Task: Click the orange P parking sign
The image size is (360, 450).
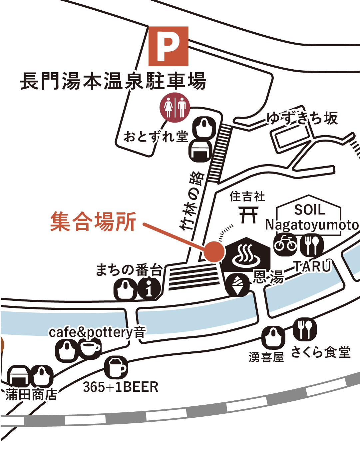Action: coord(168,46)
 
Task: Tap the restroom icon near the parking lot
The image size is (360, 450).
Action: coord(175,107)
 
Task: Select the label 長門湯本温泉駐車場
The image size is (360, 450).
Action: coord(113,81)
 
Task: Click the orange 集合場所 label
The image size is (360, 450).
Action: coord(93,222)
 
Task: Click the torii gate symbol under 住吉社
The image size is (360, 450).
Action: coord(249,215)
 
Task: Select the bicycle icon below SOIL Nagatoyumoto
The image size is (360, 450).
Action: coord(285,245)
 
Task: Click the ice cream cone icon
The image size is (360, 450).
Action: coord(238,285)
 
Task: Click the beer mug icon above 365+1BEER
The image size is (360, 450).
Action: coord(116,367)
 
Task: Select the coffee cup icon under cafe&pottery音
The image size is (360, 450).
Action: coord(90,348)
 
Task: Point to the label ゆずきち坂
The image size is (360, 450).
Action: coord(302,118)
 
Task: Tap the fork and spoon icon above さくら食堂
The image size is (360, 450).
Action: coord(305,329)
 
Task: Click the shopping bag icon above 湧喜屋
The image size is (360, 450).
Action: coord(273,337)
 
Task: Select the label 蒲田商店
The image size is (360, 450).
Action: coord(31,394)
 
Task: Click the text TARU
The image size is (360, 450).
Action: coord(312,266)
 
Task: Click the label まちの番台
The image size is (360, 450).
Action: coord(129,270)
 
